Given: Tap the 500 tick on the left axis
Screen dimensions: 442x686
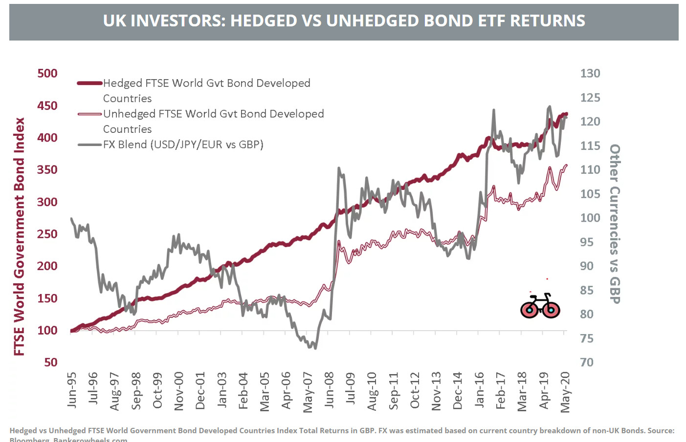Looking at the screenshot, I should coord(47,73).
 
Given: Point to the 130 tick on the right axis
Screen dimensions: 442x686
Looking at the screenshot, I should coord(590,73).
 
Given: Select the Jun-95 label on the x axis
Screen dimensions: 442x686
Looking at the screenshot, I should coord(72,390).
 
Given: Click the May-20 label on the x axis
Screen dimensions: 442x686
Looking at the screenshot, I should coord(565,392).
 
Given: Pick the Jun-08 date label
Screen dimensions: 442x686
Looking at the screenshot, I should coord(329,390).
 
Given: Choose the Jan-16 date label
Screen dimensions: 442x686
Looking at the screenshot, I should coord(479,390).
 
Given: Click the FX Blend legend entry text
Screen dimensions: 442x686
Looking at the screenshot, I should coord(183,145).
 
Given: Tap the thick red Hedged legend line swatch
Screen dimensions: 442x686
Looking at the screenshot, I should coord(89,83).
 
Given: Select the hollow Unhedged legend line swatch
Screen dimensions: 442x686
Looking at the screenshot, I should coord(89,114).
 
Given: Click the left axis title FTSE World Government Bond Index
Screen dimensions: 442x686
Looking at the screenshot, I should coord(19,236).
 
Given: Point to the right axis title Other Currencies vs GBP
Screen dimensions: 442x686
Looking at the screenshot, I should coord(615,224).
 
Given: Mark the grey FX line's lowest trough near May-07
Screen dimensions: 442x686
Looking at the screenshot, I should coord(315,348).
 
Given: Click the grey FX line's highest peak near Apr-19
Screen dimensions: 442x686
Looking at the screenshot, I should coord(550,106).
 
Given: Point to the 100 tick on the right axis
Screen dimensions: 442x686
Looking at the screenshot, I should coord(590,218).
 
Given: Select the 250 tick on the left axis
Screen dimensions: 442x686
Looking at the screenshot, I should coord(47,234).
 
